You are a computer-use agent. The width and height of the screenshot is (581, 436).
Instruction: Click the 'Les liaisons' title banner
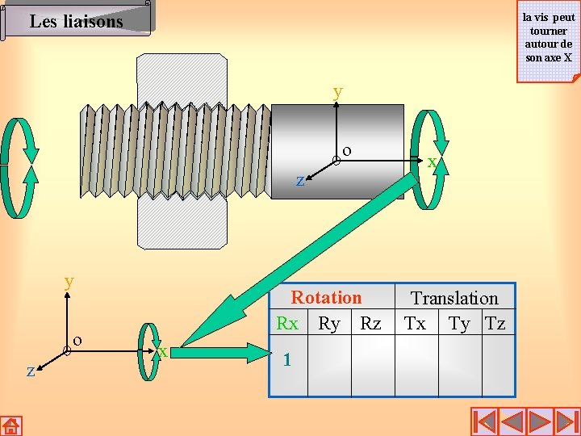click(x=77, y=19)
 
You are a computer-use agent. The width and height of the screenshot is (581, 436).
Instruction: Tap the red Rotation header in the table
click(x=326, y=297)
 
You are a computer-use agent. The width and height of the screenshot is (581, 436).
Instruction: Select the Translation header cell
click(x=454, y=298)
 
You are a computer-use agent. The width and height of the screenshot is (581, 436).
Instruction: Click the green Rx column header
click(x=287, y=323)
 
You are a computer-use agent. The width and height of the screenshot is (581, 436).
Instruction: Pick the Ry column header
click(x=329, y=325)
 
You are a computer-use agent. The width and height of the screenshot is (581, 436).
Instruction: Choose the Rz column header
click(x=371, y=323)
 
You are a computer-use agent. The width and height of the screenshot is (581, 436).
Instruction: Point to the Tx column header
click(x=415, y=323)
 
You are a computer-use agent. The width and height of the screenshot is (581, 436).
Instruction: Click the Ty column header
click(x=459, y=325)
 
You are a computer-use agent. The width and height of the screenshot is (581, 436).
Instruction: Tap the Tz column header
click(x=495, y=323)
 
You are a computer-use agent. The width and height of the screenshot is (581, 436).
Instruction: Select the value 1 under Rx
click(x=287, y=359)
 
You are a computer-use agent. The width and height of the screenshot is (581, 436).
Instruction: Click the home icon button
click(x=11, y=426)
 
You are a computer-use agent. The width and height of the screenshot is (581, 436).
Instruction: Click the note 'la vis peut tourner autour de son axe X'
click(x=549, y=40)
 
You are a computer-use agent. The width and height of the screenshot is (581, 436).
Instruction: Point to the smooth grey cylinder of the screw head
click(x=337, y=152)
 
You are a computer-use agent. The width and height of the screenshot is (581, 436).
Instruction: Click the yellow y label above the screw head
click(x=337, y=93)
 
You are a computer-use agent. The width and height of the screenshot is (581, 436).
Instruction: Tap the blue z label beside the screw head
click(x=300, y=181)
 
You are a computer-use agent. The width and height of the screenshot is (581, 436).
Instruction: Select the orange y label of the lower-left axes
click(x=69, y=283)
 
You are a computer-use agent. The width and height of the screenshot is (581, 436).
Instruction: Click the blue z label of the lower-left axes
click(x=31, y=371)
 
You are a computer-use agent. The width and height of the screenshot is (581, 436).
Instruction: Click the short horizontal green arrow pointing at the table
click(x=221, y=353)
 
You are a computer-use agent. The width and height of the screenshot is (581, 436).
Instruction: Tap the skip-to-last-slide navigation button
click(x=566, y=422)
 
